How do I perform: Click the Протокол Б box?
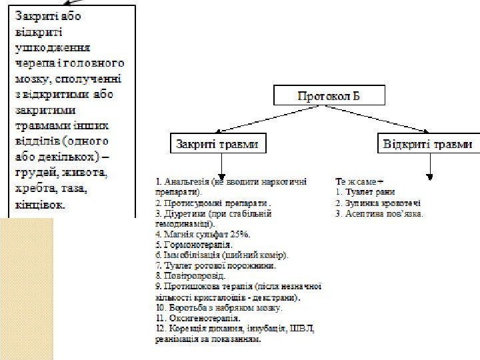click(x=329, y=96)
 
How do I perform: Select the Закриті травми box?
click(x=215, y=143)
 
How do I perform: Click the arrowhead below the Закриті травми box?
click(x=221, y=173)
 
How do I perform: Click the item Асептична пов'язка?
click(x=381, y=214)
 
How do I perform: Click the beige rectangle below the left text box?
click(x=27, y=287)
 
